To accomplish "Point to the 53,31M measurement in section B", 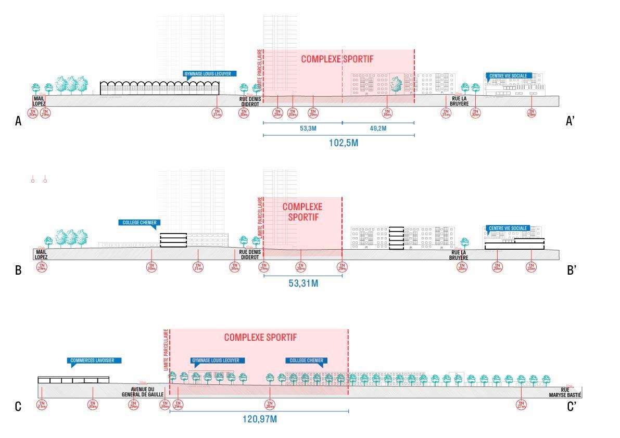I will click(x=303, y=284).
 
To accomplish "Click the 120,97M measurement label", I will click(x=260, y=419).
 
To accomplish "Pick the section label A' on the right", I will click(x=570, y=122).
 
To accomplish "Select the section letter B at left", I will click(x=18, y=270).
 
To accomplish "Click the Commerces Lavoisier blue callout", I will click(x=96, y=360).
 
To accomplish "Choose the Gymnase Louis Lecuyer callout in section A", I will click(x=207, y=74).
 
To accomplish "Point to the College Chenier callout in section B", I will click(x=139, y=222).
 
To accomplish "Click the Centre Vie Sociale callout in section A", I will click(x=508, y=75).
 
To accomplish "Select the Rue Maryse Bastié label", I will click(x=567, y=392).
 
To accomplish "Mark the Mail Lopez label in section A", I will click(x=40, y=100).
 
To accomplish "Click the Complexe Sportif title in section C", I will click(x=260, y=338).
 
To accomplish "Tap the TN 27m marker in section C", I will click(x=521, y=405).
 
